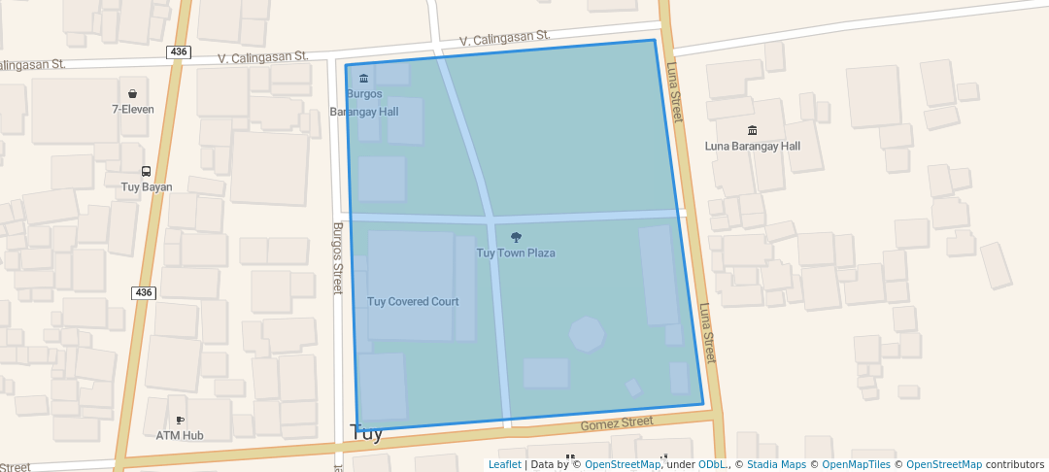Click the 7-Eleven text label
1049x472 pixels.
point(132,110)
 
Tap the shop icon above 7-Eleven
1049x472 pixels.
point(132,94)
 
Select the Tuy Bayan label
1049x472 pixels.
point(146,187)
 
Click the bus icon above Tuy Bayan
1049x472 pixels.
point(146,172)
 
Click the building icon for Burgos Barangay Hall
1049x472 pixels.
point(363,79)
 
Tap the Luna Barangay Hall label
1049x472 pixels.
point(752,147)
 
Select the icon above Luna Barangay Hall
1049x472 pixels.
point(752,130)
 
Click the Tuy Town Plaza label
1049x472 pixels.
point(516,253)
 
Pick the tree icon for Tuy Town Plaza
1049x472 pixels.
point(516,237)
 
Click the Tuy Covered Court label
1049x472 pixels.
point(413,302)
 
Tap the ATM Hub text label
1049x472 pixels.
point(180,436)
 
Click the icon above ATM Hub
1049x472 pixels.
point(180,421)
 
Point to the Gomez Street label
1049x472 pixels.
point(617,423)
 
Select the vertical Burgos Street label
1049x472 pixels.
point(338,258)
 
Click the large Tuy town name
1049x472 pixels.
point(366,434)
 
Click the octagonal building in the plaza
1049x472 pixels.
point(587,334)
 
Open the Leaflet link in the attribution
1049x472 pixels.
point(504,465)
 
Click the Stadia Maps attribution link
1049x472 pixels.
point(776,465)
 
